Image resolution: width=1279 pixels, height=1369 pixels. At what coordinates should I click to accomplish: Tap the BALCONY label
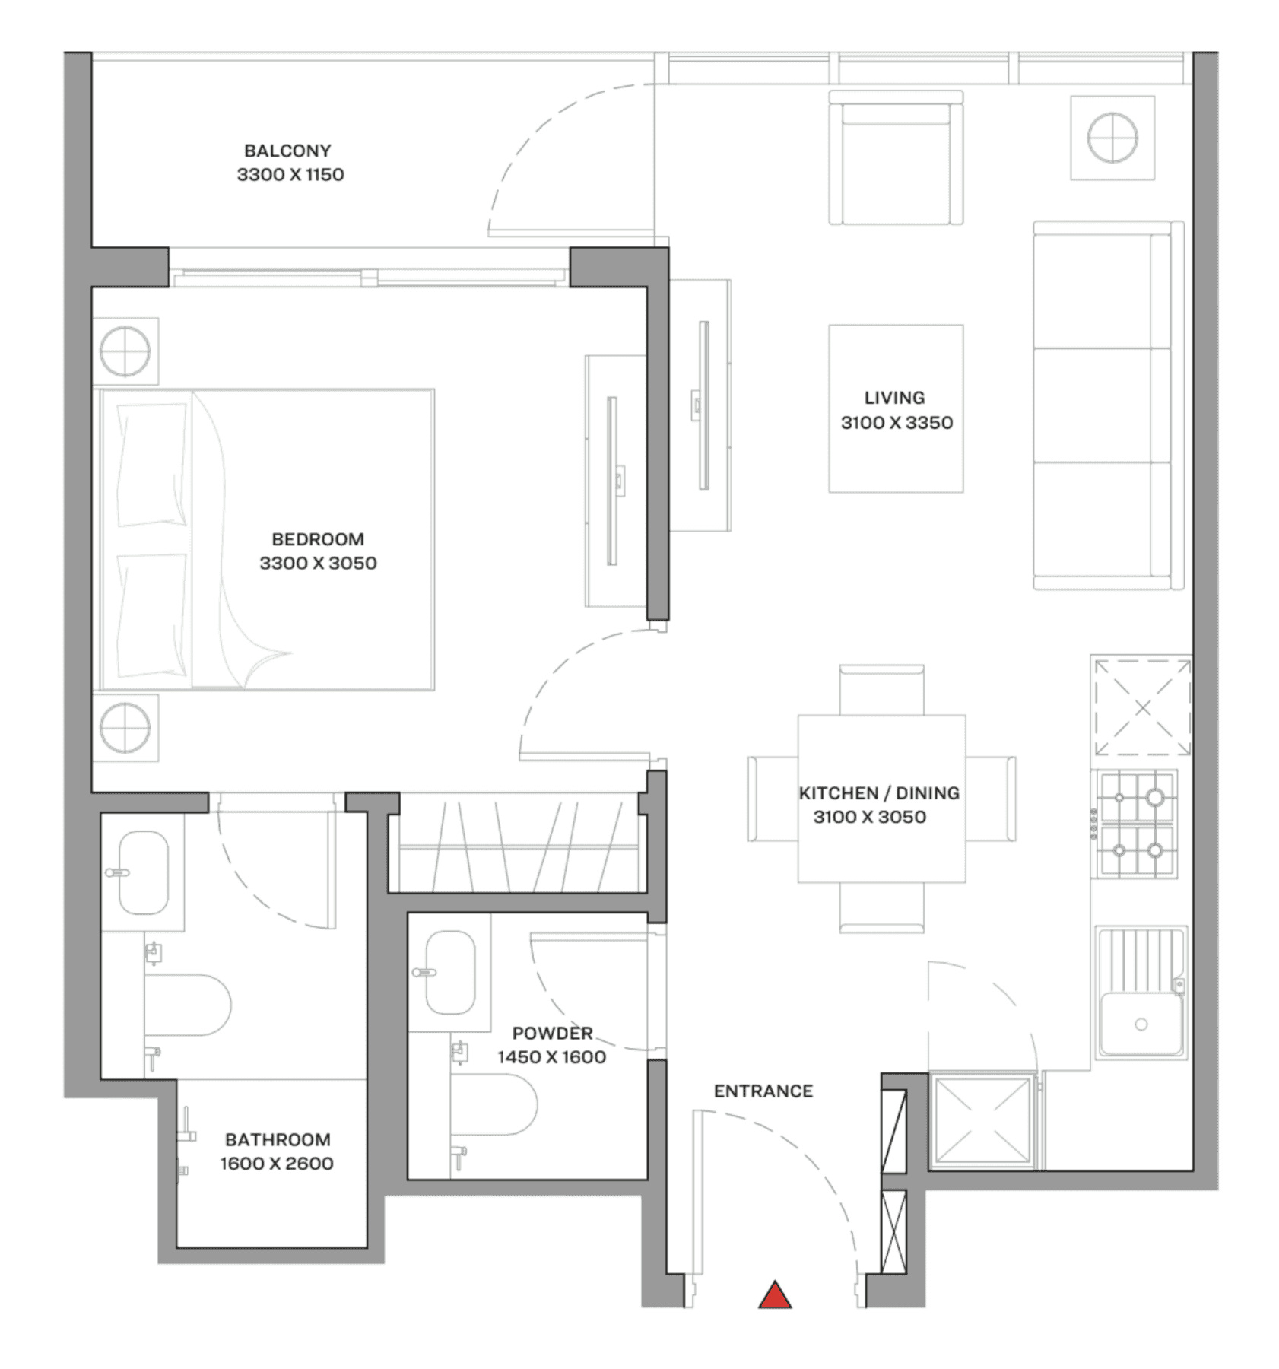point(287,151)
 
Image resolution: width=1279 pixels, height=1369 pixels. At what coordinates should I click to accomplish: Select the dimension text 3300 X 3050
point(318,563)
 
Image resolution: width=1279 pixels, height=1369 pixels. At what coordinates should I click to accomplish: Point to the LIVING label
point(894,398)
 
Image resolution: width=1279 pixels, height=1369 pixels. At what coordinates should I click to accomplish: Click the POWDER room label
point(552,1033)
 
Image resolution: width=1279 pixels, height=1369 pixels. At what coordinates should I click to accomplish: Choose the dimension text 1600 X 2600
point(277,1163)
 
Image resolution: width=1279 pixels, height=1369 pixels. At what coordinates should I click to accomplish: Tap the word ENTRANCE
point(763,1091)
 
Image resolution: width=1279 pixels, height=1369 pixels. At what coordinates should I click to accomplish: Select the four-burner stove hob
point(1135,824)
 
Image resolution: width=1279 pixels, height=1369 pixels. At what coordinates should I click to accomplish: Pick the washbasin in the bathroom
point(144,872)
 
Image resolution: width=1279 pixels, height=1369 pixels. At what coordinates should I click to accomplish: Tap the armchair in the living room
point(896,158)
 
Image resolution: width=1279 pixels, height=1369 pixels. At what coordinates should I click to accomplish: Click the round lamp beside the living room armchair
point(1112,138)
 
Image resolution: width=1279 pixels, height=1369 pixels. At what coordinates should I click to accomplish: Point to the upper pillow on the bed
point(152,465)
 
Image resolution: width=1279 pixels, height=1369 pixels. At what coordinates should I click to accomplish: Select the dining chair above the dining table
point(881,690)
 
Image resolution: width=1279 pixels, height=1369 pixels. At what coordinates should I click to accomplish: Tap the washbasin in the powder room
point(450,973)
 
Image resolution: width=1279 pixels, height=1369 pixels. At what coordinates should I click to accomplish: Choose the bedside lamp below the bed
point(125,728)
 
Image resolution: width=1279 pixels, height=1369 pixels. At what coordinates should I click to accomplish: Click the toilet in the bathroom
point(188,1005)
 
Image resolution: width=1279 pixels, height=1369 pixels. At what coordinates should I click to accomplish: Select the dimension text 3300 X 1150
point(290,174)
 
